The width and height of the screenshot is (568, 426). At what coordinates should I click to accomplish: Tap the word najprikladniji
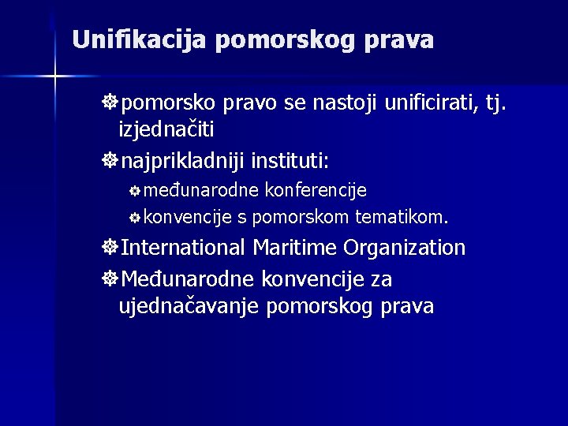[x=183, y=161]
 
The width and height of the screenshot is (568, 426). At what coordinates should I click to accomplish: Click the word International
[x=185, y=248]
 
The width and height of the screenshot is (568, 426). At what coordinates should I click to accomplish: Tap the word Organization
[x=405, y=248]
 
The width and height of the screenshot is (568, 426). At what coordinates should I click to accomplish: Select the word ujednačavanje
[x=190, y=306]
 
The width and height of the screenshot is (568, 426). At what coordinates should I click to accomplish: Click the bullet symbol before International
[x=110, y=248]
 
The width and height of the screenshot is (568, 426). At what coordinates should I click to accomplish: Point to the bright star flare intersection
[x=56, y=77]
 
